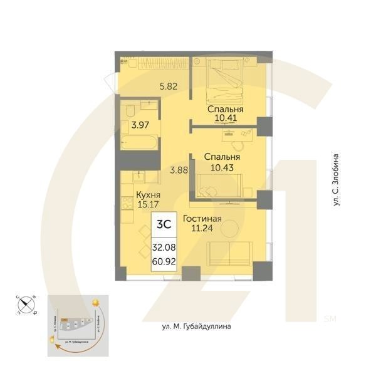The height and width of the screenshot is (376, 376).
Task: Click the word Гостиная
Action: [202, 219]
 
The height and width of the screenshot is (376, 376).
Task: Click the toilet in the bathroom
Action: [128, 112]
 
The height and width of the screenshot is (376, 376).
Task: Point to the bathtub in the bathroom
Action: [139, 142]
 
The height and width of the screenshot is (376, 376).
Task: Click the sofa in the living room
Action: [230, 253]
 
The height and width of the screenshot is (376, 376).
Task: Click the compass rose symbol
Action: [27, 305]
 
